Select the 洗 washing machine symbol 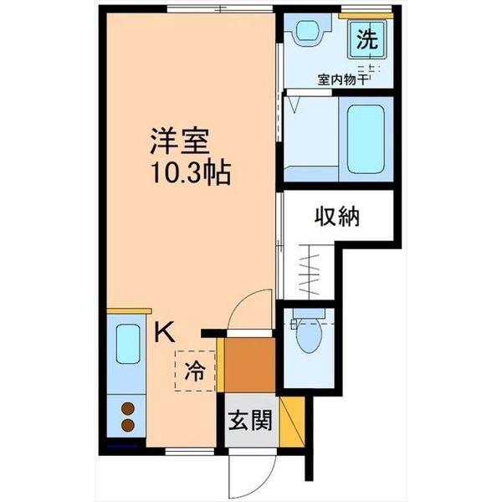click(366, 38)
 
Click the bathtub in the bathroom click(366, 138)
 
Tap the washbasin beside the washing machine click(307, 33)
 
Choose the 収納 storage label click(337, 217)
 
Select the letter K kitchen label click(164, 332)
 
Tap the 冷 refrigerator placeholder click(193, 371)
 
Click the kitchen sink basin click(128, 345)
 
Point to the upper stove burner click(128, 409)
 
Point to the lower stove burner click(128, 425)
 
